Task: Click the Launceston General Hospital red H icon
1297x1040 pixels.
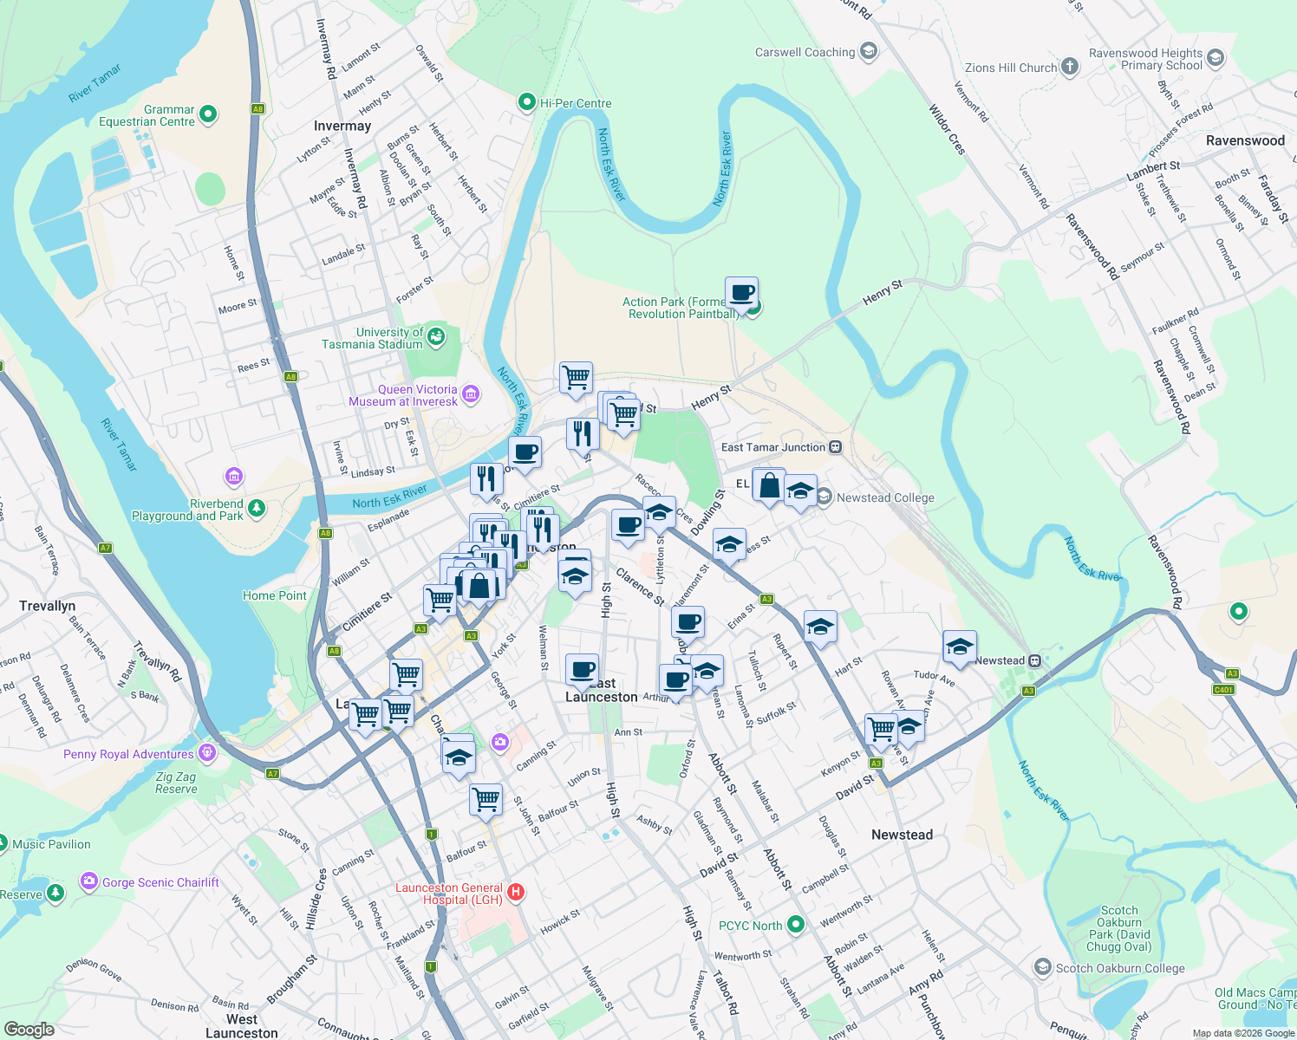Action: pos(516,892)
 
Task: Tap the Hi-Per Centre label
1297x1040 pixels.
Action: pos(576,103)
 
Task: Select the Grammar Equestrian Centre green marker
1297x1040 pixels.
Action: pos(207,114)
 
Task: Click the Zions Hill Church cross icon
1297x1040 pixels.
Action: pos(1070,67)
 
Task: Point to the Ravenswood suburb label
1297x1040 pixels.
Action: pos(1245,140)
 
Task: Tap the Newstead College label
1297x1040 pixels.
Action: pos(885,497)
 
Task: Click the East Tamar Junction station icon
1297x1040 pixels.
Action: pos(835,447)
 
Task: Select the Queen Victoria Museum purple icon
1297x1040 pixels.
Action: pos(471,394)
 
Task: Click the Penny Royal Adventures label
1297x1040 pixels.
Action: pos(128,754)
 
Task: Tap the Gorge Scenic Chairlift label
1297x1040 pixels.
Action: pos(160,882)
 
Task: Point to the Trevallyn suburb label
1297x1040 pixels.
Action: pos(48,606)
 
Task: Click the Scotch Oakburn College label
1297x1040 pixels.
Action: pos(1120,968)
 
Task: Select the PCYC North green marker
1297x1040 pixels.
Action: pos(796,925)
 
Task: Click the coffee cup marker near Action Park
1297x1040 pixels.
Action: pos(741,293)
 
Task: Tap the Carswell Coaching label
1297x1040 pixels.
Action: pos(805,52)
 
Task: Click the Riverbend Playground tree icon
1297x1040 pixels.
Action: pos(256,508)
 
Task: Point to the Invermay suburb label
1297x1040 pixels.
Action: pos(342,126)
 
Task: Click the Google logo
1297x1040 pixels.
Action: pos(29,1030)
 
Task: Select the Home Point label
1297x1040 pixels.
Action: pos(274,595)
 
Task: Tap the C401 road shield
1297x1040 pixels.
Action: pos(1222,690)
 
